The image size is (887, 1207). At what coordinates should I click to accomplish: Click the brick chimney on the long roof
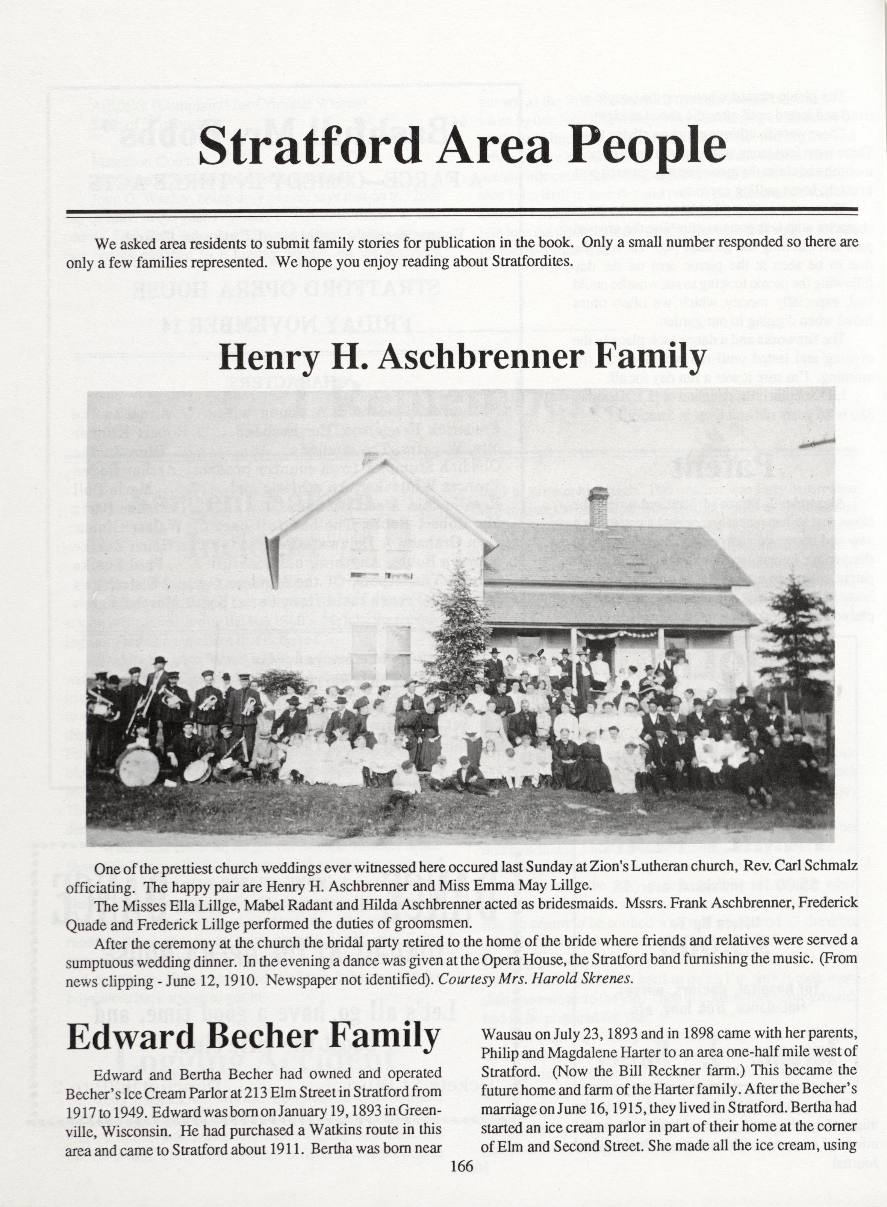click(597, 507)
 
